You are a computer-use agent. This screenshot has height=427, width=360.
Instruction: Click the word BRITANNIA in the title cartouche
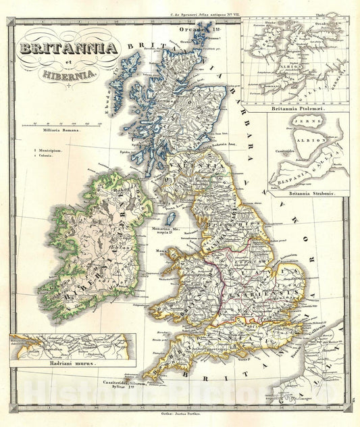[70, 47]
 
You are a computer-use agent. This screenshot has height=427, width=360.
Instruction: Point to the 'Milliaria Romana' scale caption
[61, 130]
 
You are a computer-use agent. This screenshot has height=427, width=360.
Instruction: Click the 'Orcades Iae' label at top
[197, 29]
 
